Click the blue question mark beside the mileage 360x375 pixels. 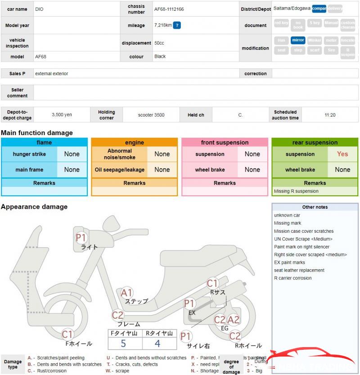tap(177, 25)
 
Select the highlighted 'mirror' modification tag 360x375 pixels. tap(298, 40)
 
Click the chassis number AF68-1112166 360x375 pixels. tap(169, 9)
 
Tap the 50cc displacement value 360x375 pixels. tap(159, 43)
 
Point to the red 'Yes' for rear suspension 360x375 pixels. tap(342, 154)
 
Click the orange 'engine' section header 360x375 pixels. tap(135, 142)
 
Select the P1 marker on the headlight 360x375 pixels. tap(81, 237)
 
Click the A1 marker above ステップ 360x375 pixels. tap(127, 293)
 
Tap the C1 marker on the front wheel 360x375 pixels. tap(67, 334)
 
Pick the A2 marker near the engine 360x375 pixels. tap(234, 320)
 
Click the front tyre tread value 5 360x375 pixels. tap(123, 343)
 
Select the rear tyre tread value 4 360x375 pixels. tap(157, 343)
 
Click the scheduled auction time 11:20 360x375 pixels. tap(330, 115)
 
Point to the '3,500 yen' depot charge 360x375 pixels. tap(62, 115)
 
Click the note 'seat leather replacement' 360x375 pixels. tap(299, 270)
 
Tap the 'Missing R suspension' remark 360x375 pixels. tap(296, 191)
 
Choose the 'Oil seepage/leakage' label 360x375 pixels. tap(120, 170)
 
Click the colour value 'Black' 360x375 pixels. tap(160, 56)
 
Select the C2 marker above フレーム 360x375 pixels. tap(118, 315)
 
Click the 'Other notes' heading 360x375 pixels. tap(315, 207)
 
